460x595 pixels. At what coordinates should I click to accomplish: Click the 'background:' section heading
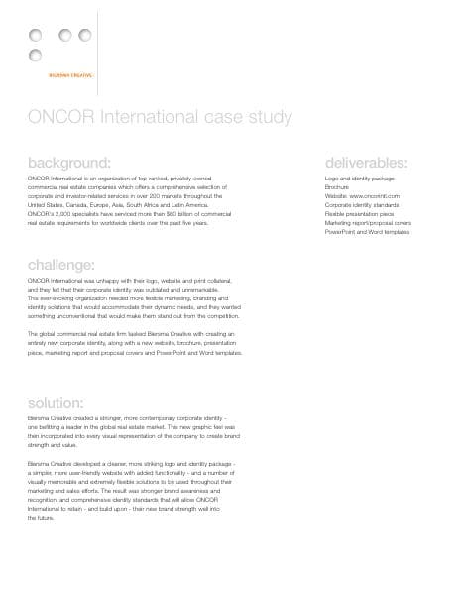point(68,162)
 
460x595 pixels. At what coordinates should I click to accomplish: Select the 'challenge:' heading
point(61,265)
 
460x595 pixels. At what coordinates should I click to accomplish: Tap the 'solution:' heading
point(56,403)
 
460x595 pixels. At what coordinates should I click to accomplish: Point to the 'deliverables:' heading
point(366,162)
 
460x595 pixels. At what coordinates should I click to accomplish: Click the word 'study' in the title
point(266,118)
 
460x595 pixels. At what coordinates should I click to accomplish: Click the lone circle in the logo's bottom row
point(36,54)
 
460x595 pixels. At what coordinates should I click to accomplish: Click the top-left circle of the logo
point(36,36)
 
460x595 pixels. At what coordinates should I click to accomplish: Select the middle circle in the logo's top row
point(65,36)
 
